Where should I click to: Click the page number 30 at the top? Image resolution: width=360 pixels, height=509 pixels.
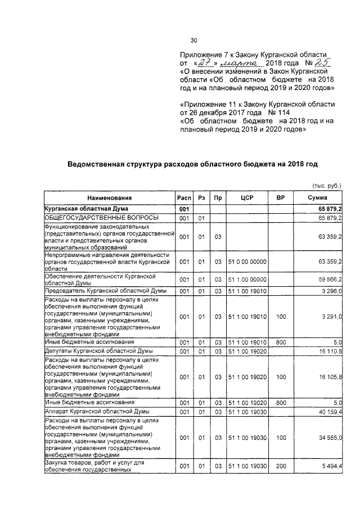click(x=194, y=40)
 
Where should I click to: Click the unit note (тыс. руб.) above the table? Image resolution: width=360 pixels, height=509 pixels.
click(x=326, y=186)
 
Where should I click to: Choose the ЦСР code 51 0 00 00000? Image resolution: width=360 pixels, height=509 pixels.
click(x=247, y=262)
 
